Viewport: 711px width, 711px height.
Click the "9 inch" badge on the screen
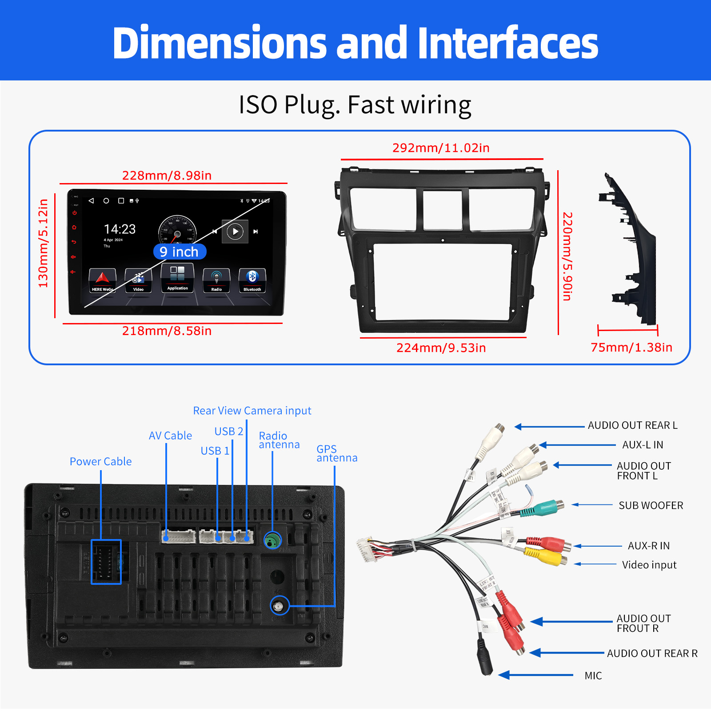point(180,252)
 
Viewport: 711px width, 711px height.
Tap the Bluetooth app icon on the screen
point(252,280)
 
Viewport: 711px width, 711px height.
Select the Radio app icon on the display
point(216,280)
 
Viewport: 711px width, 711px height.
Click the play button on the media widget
point(235,232)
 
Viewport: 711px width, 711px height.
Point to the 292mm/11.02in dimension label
point(441,148)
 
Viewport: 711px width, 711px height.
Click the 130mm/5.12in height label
point(43,244)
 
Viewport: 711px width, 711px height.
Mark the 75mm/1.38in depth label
point(631,348)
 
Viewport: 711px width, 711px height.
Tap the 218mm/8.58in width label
point(167,331)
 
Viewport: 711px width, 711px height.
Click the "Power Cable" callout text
point(100,462)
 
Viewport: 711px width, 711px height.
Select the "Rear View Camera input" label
point(252,411)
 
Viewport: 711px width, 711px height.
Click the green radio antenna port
point(272,540)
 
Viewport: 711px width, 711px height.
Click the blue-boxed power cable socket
point(106,562)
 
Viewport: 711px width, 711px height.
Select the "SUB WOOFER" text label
point(651,506)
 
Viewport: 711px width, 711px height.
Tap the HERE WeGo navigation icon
point(102,280)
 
